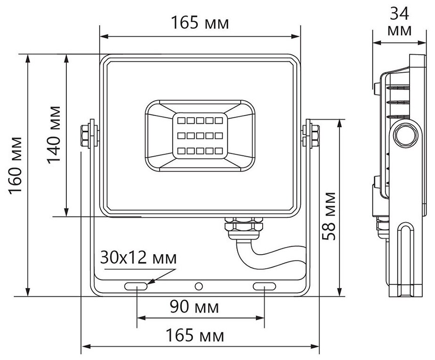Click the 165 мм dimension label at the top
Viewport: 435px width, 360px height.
(x=200, y=22)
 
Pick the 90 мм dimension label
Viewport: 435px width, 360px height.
(x=194, y=308)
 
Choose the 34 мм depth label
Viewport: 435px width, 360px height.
(x=400, y=22)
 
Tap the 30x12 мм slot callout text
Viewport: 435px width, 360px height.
(x=138, y=258)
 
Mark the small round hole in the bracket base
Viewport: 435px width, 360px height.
(x=200, y=286)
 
